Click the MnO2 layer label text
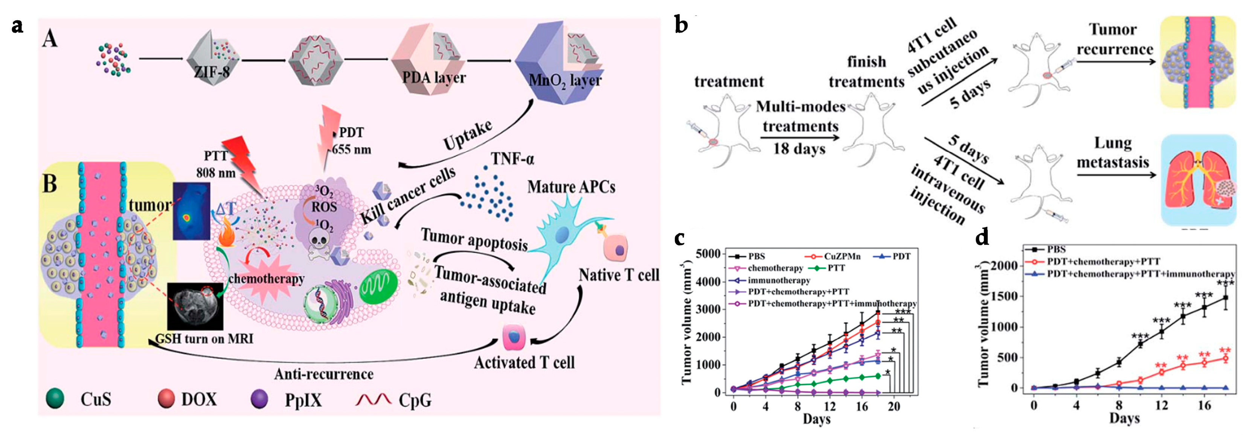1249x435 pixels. pos(564,80)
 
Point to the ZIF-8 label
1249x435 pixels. pos(212,72)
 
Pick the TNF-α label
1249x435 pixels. pos(512,159)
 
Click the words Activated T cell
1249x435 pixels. pos(524,363)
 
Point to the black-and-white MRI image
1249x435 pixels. pos(195,307)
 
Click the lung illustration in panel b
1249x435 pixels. pos(1198,181)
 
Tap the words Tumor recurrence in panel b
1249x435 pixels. pos(1114,39)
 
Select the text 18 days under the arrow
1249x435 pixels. pos(799,149)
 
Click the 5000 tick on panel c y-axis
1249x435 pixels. pos(709,254)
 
